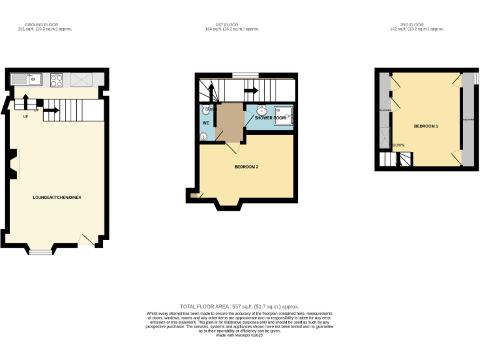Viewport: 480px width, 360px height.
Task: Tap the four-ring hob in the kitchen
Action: click(x=56, y=79)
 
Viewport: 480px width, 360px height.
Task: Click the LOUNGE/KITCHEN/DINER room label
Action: click(x=57, y=197)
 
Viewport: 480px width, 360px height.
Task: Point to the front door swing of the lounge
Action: click(x=86, y=239)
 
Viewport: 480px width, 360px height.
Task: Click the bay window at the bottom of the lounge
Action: click(x=40, y=252)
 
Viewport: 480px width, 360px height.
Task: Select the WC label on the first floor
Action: click(x=205, y=122)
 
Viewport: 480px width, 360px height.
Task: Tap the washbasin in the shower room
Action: click(x=262, y=111)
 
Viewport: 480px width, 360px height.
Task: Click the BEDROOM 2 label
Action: click(x=246, y=167)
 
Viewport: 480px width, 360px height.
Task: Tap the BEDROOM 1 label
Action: click(x=426, y=126)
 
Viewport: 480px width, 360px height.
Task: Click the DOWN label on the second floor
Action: click(x=398, y=145)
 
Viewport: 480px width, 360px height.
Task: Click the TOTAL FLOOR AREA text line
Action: click(x=239, y=307)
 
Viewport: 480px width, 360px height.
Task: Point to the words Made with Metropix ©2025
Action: click(x=239, y=335)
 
